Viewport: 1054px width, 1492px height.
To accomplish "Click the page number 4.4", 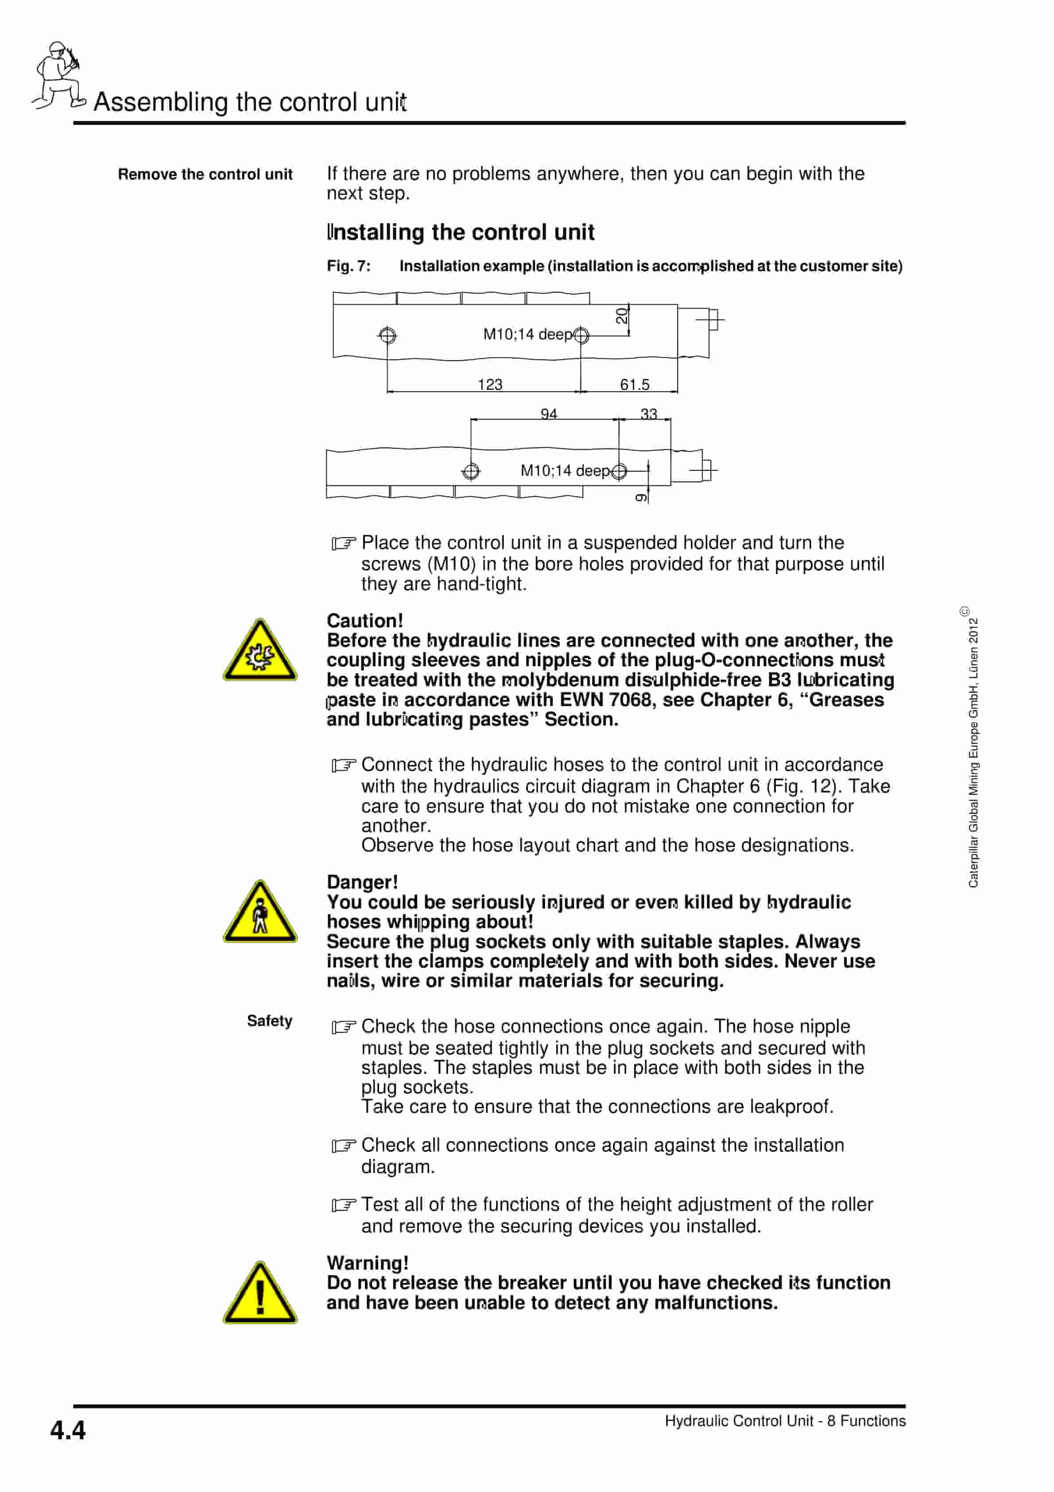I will point(68,1430).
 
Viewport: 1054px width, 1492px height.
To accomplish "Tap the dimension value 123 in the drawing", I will point(490,384).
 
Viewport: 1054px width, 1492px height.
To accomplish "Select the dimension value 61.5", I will point(634,384).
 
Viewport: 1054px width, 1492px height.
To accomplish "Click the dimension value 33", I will point(648,413).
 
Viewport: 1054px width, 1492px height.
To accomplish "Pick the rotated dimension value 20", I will point(622,316).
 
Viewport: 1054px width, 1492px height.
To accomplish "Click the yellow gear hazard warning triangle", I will point(260,651).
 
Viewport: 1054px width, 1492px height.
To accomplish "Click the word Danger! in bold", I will point(362,882).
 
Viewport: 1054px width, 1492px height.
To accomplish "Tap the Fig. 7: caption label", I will point(348,266).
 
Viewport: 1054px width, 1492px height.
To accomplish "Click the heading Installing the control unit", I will point(460,232).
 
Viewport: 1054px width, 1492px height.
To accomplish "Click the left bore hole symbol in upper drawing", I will point(387,335).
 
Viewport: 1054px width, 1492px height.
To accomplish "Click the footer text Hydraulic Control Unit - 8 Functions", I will point(784,1421).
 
